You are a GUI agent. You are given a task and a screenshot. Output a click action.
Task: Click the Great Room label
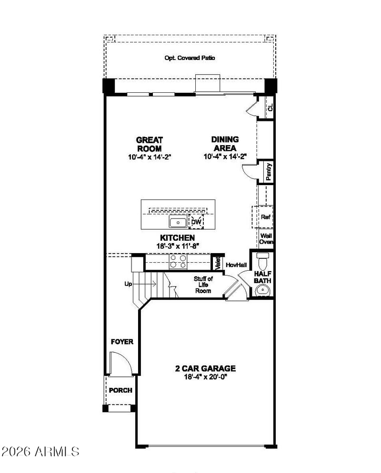click(x=149, y=144)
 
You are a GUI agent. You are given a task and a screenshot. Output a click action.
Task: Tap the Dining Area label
click(x=225, y=144)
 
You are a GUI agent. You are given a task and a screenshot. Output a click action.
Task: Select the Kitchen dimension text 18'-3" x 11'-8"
click(x=178, y=246)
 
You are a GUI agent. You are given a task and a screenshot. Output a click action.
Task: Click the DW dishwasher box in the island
click(x=196, y=222)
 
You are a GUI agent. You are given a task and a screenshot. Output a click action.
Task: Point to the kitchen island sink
click(x=178, y=222)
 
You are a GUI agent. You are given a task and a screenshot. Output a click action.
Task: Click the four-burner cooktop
click(x=178, y=261)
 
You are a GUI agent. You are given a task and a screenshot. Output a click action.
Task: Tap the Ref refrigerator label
click(x=266, y=217)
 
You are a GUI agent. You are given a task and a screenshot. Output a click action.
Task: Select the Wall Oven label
click(x=266, y=238)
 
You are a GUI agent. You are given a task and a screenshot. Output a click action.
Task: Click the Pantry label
click(x=269, y=172)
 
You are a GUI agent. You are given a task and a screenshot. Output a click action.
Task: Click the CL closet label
click(x=270, y=107)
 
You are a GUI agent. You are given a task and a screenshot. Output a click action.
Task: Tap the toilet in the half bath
click(x=263, y=261)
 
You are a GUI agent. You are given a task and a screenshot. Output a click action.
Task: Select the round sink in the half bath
click(x=262, y=291)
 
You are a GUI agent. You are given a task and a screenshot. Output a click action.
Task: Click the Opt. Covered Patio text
click(x=190, y=58)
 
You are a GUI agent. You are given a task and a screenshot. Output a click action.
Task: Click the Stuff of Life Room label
click(x=203, y=285)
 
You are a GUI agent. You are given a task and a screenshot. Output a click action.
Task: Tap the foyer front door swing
click(x=121, y=364)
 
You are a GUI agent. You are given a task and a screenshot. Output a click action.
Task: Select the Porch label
click(x=120, y=390)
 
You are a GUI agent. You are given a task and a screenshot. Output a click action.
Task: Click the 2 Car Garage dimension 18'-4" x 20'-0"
click(x=205, y=377)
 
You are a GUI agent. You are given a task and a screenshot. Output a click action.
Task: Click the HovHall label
click(x=236, y=265)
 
